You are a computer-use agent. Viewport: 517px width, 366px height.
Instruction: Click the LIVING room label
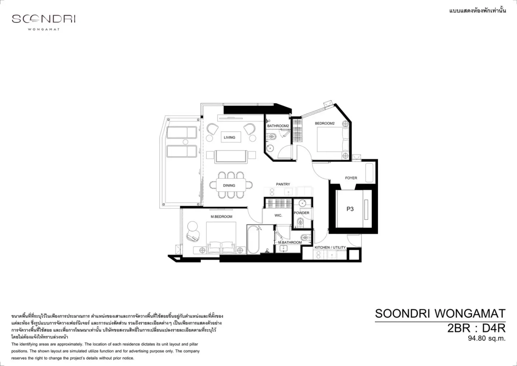tap(229, 138)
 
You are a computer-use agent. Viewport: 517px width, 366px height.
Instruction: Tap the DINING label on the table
tap(229, 185)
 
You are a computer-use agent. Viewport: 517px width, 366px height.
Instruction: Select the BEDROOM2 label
tap(325, 123)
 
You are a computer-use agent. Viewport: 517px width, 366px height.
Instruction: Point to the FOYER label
tap(351, 178)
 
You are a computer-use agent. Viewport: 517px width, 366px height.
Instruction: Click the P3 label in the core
tap(350, 209)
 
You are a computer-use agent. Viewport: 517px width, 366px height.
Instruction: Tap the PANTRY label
tap(283, 184)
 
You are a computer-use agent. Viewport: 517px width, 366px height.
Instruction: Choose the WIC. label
tap(278, 215)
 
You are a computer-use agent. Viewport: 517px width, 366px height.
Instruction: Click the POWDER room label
tap(302, 213)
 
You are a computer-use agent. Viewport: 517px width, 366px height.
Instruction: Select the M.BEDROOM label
tap(221, 217)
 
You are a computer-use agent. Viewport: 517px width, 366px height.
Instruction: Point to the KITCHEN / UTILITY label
tap(330, 247)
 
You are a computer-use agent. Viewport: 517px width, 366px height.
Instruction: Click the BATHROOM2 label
tap(278, 126)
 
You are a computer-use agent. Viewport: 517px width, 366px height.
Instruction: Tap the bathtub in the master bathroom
tap(253, 240)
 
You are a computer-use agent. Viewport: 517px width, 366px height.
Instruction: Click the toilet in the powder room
tap(300, 222)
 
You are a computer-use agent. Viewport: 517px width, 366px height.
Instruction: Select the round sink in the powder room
tap(302, 203)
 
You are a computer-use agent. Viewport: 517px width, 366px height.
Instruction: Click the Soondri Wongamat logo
tap(44, 22)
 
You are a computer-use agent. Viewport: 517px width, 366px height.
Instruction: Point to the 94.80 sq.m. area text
tap(486, 338)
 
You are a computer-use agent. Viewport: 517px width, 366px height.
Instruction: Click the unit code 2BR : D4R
tap(476, 328)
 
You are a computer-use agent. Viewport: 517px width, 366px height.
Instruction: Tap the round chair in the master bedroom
tap(193, 231)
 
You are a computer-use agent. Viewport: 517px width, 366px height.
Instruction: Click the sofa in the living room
tap(231, 157)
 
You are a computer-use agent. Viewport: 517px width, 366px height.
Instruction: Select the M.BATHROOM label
tap(290, 242)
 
